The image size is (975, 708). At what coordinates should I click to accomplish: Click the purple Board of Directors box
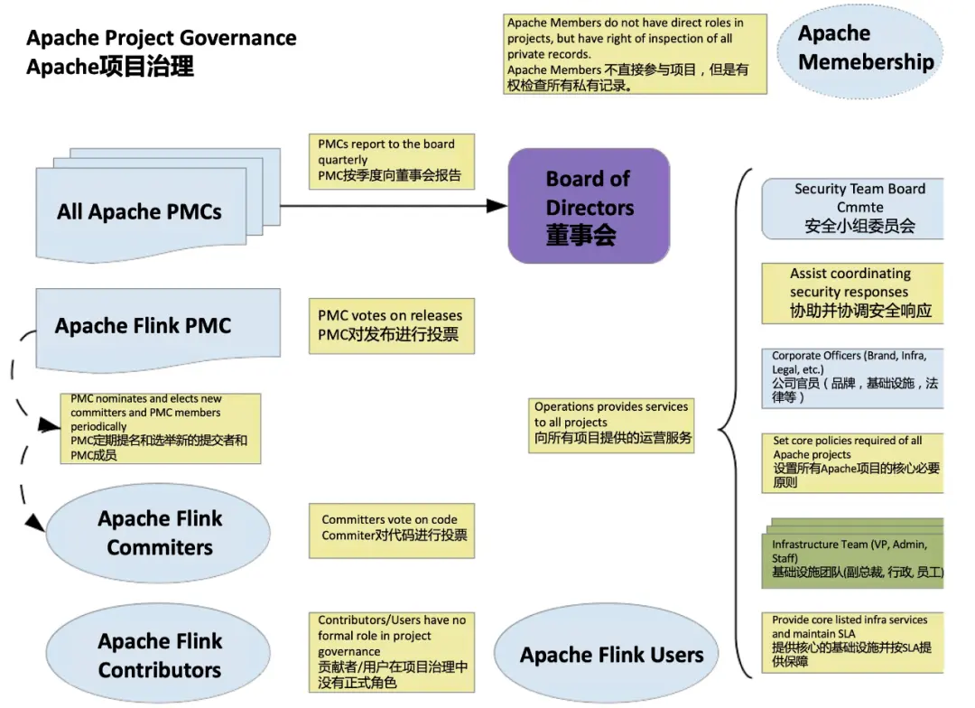coord(589,206)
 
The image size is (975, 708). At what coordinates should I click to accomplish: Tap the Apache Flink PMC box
coord(158,329)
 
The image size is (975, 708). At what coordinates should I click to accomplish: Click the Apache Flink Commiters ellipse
coord(158,533)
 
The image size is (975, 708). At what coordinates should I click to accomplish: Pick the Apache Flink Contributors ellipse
coord(158,654)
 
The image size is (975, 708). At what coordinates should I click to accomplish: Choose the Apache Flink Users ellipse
coord(607,653)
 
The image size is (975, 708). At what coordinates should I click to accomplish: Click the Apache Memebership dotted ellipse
coord(860,51)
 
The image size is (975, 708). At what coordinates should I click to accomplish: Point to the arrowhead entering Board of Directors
coord(497,205)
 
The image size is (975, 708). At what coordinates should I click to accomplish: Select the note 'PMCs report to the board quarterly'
coord(392,161)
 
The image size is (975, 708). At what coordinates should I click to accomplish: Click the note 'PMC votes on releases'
coord(392,326)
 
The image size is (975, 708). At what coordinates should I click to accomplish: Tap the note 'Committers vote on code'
coord(392,531)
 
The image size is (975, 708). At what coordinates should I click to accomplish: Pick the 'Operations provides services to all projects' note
coord(611,425)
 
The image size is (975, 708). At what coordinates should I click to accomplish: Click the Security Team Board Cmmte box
coord(852,209)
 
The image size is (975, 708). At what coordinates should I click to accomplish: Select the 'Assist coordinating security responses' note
coord(852,293)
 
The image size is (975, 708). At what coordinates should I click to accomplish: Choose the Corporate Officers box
coord(852,378)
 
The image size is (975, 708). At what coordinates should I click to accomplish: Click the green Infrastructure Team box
coord(852,554)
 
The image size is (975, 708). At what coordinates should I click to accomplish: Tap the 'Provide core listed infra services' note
coord(852,643)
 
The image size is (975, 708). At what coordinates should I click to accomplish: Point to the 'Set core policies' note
coord(852,463)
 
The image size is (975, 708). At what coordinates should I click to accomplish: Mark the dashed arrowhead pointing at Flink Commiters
coord(35,522)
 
